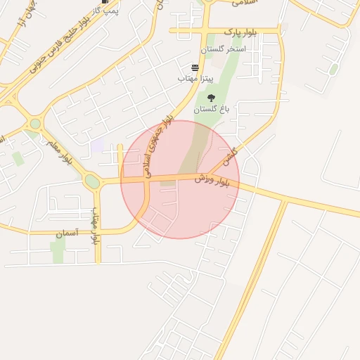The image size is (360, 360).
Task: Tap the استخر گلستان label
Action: click(223, 50)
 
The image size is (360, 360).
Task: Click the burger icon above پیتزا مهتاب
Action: click(195, 67)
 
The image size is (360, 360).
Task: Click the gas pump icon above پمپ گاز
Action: click(105, 2)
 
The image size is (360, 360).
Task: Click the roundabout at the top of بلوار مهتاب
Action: click(93, 182)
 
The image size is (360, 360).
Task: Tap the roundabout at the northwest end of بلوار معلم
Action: click(34, 124)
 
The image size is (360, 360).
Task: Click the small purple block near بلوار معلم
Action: click(97, 146)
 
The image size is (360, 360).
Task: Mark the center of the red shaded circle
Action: click(180, 179)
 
